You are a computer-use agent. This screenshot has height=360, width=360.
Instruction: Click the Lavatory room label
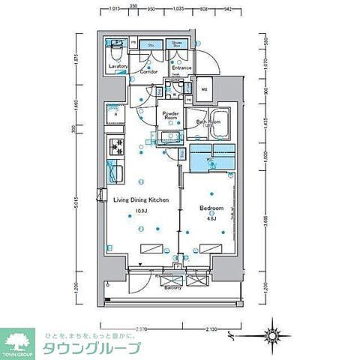click(117, 67)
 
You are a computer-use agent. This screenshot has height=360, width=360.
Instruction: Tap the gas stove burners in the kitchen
click(116, 146)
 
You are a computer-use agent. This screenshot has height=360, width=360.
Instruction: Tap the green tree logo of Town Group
click(19, 339)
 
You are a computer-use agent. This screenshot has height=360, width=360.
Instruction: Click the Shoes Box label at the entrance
click(178, 44)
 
